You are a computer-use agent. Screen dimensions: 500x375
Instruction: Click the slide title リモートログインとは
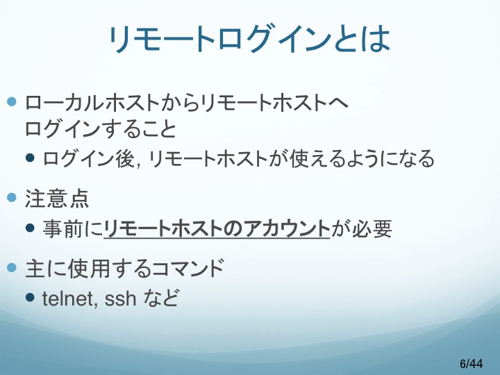(249, 38)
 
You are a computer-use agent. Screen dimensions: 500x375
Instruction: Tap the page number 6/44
(472, 363)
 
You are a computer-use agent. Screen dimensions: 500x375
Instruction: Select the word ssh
(120, 299)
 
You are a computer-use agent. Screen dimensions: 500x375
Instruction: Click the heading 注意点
(57, 199)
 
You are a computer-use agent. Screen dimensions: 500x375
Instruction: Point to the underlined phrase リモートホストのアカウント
(217, 229)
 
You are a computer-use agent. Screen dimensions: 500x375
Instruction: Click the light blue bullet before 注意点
(12, 198)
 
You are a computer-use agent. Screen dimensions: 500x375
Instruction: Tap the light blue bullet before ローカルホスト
(12, 102)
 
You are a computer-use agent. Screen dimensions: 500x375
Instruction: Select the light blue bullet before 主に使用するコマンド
(12, 267)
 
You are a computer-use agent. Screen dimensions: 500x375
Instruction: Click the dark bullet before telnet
(30, 297)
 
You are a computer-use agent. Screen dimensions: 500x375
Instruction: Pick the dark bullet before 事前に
(30, 228)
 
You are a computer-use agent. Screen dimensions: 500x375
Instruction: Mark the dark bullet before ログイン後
(30, 158)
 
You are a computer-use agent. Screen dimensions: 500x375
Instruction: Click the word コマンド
(188, 268)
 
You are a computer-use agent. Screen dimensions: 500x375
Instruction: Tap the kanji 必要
(372, 229)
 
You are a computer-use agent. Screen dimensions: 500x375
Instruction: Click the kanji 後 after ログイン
(125, 158)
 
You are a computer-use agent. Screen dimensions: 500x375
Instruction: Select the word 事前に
(73, 229)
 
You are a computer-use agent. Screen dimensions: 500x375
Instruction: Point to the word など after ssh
(160, 298)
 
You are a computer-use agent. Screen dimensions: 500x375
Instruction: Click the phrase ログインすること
(101, 128)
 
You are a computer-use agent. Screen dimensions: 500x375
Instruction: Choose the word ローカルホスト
(92, 103)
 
